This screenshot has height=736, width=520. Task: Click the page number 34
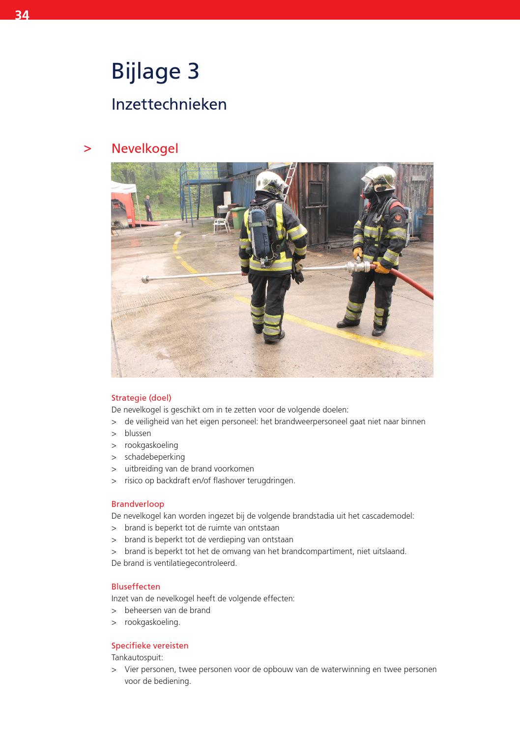(22, 15)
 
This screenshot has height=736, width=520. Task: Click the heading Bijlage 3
(155, 71)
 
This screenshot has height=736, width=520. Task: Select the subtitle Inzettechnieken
(169, 104)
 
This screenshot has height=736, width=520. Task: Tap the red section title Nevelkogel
(144, 148)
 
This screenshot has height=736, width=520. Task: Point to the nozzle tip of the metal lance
(145, 280)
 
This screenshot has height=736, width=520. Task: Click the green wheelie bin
(239, 217)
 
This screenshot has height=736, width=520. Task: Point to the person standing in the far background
(148, 207)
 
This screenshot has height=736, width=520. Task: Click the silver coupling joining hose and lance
(359, 267)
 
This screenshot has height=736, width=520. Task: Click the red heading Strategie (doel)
(141, 398)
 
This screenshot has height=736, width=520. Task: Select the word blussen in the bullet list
(138, 433)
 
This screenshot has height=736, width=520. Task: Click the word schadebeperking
(154, 457)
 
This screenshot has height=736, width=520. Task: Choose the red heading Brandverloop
(138, 504)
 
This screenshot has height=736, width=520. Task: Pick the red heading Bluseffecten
(136, 587)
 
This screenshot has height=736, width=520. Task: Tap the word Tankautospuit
(137, 657)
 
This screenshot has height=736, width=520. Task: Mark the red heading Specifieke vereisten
(149, 646)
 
